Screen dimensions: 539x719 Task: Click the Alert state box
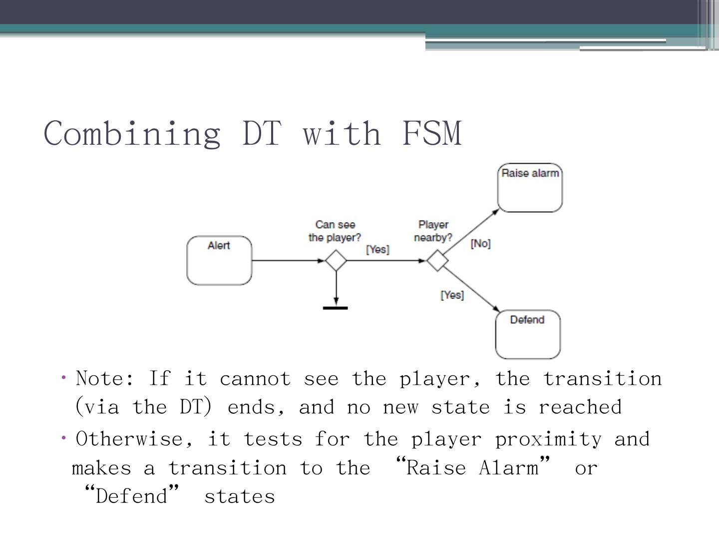click(x=219, y=261)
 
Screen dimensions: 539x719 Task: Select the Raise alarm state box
click(x=530, y=188)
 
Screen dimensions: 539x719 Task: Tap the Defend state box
click(x=527, y=334)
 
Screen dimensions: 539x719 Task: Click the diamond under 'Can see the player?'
click(x=336, y=261)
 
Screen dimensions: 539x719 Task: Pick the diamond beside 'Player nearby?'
click(x=438, y=261)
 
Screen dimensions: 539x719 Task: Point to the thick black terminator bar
click(x=336, y=308)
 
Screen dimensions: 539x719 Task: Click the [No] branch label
click(x=480, y=244)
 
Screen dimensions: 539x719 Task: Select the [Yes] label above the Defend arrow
click(x=452, y=295)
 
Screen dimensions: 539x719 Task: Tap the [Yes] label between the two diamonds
click(x=377, y=249)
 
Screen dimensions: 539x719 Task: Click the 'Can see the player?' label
click(x=335, y=231)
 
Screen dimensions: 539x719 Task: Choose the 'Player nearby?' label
click(x=433, y=231)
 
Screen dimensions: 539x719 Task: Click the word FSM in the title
click(x=432, y=133)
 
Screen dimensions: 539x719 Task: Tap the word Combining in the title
click(x=132, y=134)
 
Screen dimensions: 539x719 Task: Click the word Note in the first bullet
click(x=104, y=379)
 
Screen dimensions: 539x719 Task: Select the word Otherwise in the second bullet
click(x=134, y=439)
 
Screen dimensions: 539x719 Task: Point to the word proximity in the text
click(x=548, y=439)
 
